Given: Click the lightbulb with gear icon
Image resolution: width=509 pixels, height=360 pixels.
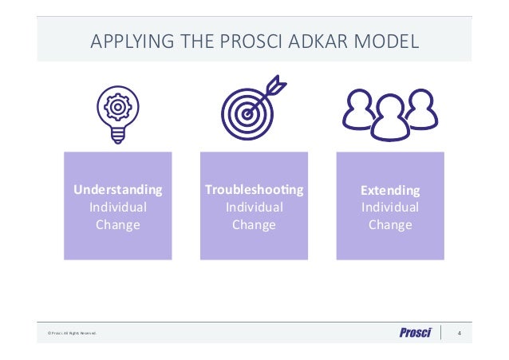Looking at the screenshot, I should tap(117, 112).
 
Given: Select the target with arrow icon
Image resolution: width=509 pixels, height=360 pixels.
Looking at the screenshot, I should tap(248, 112).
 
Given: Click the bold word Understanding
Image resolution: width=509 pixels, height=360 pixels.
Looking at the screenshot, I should tap(118, 190).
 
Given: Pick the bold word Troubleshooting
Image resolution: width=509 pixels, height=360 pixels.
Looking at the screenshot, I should tap(254, 190).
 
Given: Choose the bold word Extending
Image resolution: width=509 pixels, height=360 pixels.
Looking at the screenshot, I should tap(390, 191).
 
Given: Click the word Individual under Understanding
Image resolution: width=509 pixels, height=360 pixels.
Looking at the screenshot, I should tap(118, 208).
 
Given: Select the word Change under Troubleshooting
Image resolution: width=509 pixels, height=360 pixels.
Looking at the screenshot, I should tap(254, 225).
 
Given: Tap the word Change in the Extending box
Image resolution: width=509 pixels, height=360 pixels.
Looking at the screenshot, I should tap(390, 225).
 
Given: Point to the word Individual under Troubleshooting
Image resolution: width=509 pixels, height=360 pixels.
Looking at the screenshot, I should tap(254, 208).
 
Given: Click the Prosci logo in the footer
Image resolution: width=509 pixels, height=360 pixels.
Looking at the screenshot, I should tap(415, 333).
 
